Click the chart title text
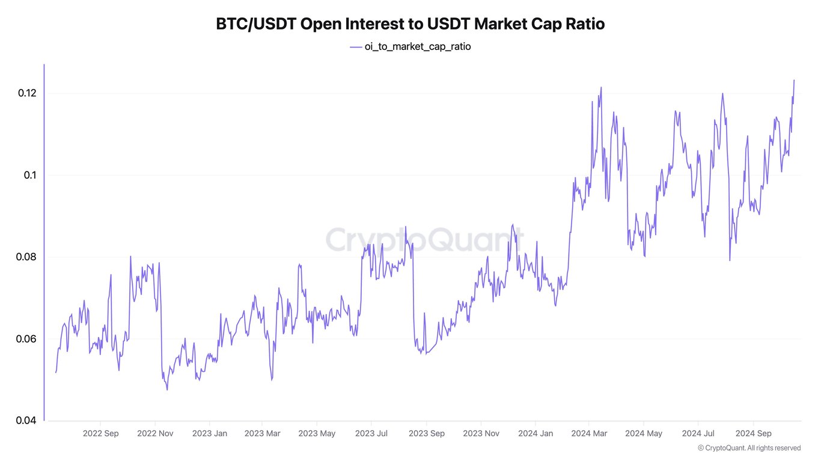(x=410, y=24)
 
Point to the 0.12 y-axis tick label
(x=26, y=93)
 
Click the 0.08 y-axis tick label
(x=26, y=257)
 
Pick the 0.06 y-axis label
(x=26, y=339)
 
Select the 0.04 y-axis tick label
(x=26, y=420)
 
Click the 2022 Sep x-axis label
(x=100, y=433)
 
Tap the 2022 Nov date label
(x=155, y=433)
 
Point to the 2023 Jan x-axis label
(x=210, y=433)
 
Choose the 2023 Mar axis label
(x=263, y=433)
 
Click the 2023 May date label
(x=317, y=433)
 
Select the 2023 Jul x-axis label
(x=372, y=433)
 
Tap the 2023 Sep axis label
(x=427, y=433)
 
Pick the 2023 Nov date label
(x=481, y=433)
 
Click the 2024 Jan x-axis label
(x=536, y=433)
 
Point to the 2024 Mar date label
(x=589, y=433)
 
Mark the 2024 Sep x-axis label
(x=753, y=433)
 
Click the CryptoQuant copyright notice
(x=749, y=448)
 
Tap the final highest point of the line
(x=794, y=80)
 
